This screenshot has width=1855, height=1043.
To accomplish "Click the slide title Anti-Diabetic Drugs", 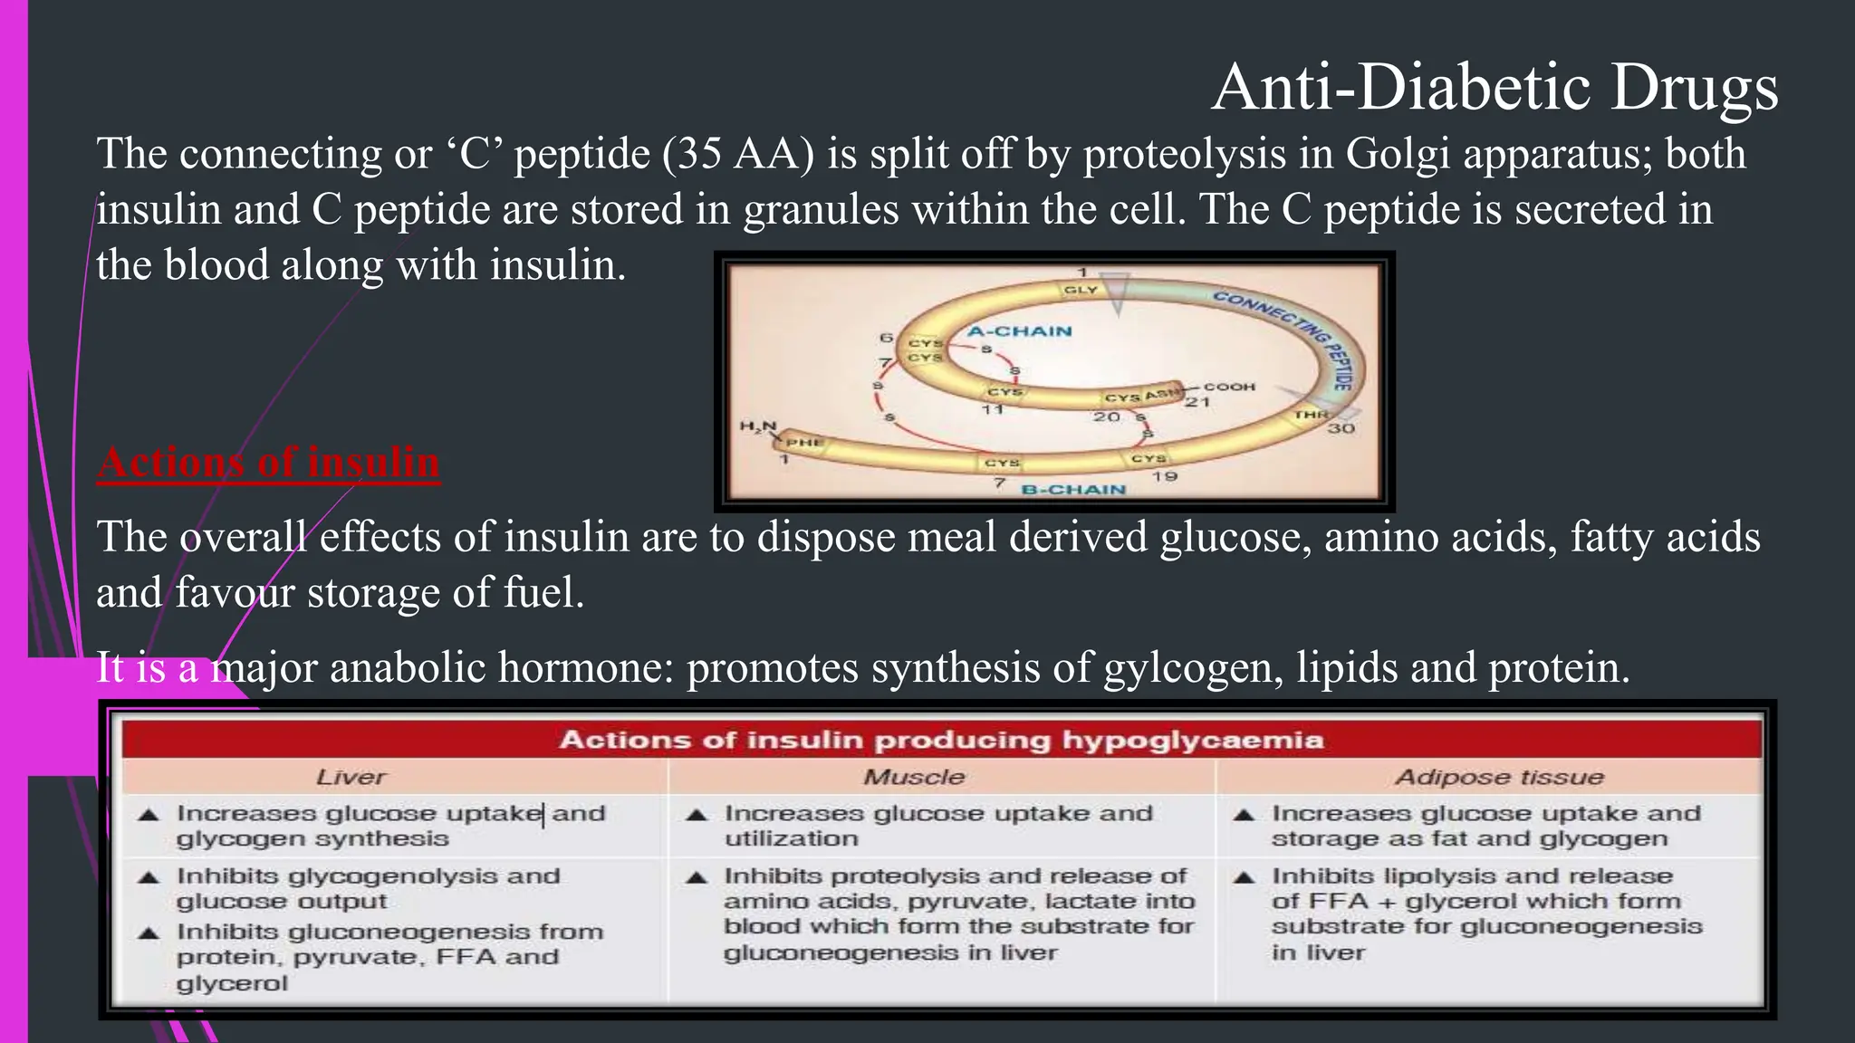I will tap(1495, 88).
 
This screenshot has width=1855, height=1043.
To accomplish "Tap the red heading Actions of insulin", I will tap(269, 462).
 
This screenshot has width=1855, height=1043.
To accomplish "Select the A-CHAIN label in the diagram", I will tap(1020, 331).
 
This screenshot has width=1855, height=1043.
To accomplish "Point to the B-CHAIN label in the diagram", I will tap(1073, 490).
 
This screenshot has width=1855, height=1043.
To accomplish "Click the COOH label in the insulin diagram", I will tap(1229, 387).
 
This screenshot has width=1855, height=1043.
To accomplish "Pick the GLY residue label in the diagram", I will tap(1081, 290).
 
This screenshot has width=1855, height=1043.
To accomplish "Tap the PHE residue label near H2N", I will tap(803, 443).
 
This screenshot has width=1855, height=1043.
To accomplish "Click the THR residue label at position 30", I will tap(1311, 415).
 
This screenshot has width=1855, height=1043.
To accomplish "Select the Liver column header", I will tap(351, 777).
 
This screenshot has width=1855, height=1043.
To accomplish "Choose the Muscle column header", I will tap(914, 777).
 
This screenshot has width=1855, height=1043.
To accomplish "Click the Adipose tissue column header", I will tap(1499, 777).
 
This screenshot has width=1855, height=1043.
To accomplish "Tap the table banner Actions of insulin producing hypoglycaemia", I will tap(941, 740).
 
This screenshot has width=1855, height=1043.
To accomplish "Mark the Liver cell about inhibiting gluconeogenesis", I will tap(389, 957).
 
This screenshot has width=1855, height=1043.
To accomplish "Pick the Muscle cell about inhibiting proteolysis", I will tap(958, 914).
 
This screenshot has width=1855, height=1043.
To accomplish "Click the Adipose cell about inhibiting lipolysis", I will tap(1486, 914).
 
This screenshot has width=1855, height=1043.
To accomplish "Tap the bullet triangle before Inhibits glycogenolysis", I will tap(149, 877).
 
